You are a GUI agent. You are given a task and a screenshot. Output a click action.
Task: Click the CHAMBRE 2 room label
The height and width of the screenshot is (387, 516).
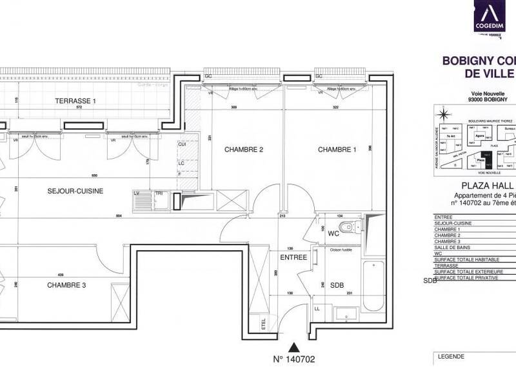(244, 150)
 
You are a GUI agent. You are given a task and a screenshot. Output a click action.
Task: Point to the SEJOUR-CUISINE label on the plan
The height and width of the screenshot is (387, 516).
(75, 190)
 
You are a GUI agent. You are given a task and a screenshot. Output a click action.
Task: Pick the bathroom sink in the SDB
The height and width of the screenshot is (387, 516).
(342, 313)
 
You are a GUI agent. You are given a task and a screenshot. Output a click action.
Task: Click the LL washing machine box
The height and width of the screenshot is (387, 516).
(317, 310)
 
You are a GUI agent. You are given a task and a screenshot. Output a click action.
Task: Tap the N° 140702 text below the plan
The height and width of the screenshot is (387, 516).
(293, 359)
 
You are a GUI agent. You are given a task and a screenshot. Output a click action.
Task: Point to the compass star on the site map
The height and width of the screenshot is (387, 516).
(443, 116)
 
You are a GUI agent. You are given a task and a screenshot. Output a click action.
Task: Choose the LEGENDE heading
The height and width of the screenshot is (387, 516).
(451, 356)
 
